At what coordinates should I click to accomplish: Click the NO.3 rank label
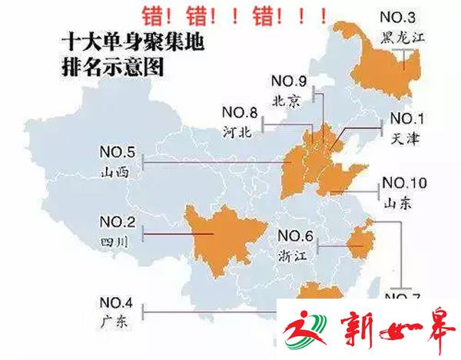pyautogui.click(x=397, y=18)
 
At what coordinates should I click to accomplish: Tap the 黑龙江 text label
pyautogui.click(x=398, y=37)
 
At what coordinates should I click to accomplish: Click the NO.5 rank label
pyautogui.click(x=117, y=150)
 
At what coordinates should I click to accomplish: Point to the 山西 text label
pyautogui.click(x=115, y=171)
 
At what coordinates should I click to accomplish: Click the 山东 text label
pyautogui.click(x=398, y=204)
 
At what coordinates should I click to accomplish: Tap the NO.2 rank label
pyautogui.click(x=117, y=223)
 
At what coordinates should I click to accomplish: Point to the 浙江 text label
pyautogui.click(x=293, y=256)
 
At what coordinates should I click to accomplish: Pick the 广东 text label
pyautogui.click(x=114, y=320)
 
